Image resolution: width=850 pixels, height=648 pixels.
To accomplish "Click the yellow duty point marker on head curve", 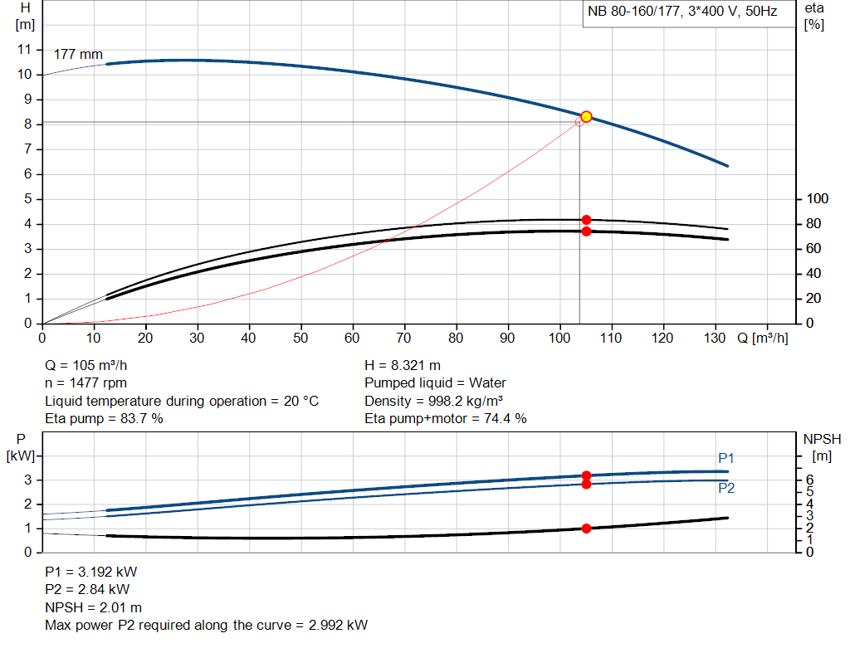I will [x=586, y=117].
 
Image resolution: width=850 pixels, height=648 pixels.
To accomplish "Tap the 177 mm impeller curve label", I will [x=78, y=55].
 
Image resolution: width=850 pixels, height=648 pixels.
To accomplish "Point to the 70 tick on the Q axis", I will [x=404, y=338].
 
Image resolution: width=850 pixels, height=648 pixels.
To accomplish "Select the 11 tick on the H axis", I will [x=24, y=50].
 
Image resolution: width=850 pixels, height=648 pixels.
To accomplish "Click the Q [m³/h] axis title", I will [x=762, y=338].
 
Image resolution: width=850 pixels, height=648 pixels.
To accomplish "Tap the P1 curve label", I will [x=726, y=458].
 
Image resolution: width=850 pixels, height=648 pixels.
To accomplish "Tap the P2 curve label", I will [x=726, y=489].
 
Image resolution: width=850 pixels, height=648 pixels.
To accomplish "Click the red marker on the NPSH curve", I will [x=586, y=529].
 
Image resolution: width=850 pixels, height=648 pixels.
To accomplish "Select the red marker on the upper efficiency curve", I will [x=586, y=220].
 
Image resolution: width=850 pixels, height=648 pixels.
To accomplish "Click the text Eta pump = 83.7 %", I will [x=104, y=418].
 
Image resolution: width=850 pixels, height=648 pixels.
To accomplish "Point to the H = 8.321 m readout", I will [x=403, y=365].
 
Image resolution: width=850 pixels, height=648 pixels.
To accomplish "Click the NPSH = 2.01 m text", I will [x=93, y=607].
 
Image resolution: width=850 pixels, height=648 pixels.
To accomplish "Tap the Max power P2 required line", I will [x=206, y=625].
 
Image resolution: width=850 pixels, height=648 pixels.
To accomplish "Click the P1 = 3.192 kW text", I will [x=90, y=572].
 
